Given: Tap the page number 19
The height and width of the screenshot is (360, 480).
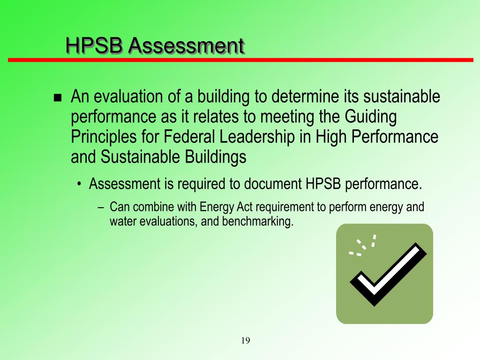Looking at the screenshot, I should pyautogui.click(x=246, y=341).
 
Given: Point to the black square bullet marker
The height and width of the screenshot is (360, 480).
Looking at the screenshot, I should pyautogui.click(x=58, y=98).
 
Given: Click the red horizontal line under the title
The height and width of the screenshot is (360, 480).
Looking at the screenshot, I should pyautogui.click(x=240, y=60).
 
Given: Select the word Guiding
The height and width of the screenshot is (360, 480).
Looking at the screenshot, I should pyautogui.click(x=371, y=117).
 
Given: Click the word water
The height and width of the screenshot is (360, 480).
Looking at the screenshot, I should pyautogui.click(x=122, y=221).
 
